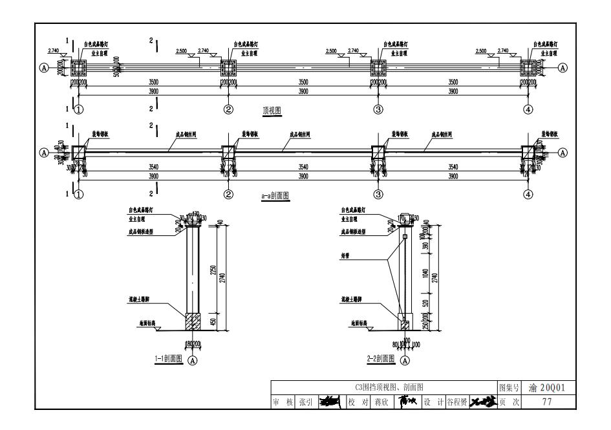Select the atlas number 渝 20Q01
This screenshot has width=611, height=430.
pyautogui.click(x=546, y=388)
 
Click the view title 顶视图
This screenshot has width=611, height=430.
pyautogui.click(x=272, y=111)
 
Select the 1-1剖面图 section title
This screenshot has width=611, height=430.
pyautogui.click(x=168, y=359)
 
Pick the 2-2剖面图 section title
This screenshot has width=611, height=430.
pyautogui.click(x=380, y=359)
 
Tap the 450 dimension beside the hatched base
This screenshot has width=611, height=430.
pyautogui.click(x=213, y=322)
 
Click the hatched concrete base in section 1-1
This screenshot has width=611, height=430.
pyautogui.click(x=193, y=321)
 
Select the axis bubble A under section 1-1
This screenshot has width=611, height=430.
pyautogui.click(x=193, y=360)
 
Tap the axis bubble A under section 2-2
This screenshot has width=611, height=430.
pyautogui.click(x=405, y=360)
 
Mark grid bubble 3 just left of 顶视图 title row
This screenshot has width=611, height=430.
pyautogui.click(x=378, y=109)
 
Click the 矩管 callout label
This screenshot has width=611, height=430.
pyautogui.click(x=346, y=255)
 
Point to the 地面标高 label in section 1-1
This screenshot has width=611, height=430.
pyautogui.click(x=148, y=321)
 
